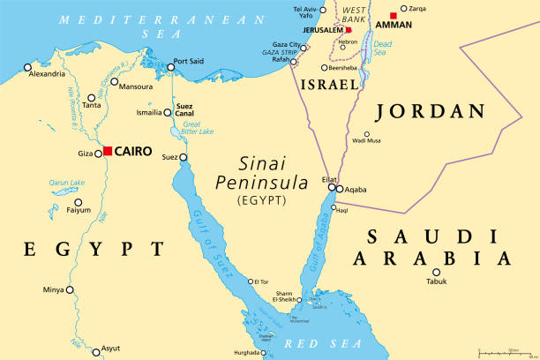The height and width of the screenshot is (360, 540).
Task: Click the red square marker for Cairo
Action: pos(108,151)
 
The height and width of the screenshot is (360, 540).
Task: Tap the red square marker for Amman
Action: pos(394,16)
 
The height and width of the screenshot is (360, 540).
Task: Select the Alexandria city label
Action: pos(47,74)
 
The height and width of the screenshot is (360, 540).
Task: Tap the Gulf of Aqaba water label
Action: pos(320,239)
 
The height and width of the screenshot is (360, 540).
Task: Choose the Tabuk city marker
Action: pos(436,272)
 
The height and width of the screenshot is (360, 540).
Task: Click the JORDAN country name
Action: pos(430,111)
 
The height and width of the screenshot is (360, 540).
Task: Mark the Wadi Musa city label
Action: pos(366,141)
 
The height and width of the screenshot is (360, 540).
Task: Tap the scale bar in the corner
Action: pos(503,352)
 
